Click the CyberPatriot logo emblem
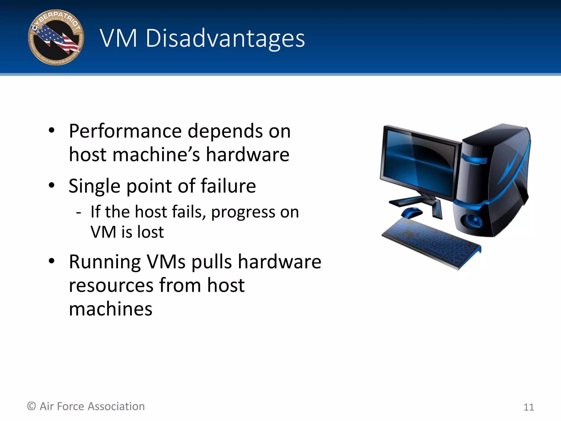56,38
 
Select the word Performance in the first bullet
125,131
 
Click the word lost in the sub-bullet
150,232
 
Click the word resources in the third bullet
111,285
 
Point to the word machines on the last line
110,309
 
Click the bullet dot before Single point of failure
51,186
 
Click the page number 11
528,407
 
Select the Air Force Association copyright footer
86,406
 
